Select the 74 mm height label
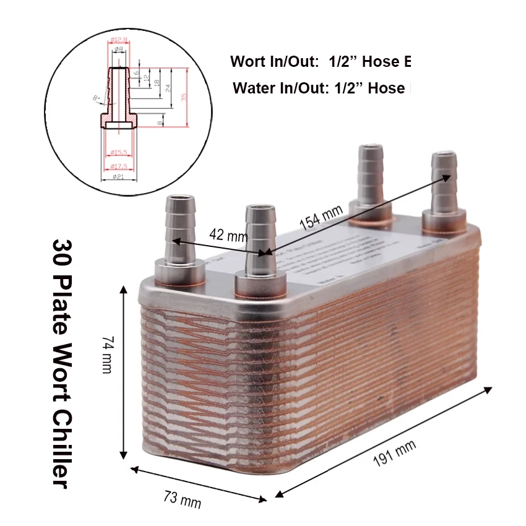coord(107,355)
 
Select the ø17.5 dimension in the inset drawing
coord(118,166)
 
